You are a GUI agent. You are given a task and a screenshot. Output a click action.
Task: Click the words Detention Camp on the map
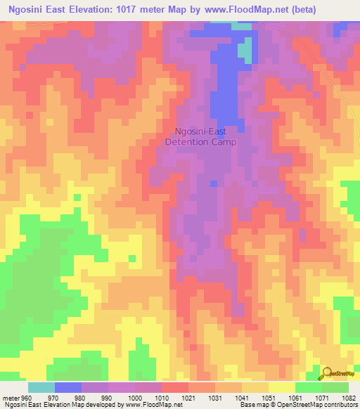click(200, 141)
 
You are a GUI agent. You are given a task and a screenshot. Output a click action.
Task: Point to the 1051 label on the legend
click(270, 398)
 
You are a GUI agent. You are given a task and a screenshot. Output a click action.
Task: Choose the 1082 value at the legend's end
click(349, 398)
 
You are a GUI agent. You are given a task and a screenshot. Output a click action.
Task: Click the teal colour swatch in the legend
click(41, 387)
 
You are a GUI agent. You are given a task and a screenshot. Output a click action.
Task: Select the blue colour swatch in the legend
click(68, 387)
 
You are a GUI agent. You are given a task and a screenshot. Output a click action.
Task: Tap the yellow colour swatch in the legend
click(281, 387)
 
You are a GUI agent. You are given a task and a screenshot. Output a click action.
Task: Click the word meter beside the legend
click(11, 398)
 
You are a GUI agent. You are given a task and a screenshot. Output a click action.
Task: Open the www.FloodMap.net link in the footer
click(149, 405)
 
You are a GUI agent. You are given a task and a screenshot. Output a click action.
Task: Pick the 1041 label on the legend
click(243, 398)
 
